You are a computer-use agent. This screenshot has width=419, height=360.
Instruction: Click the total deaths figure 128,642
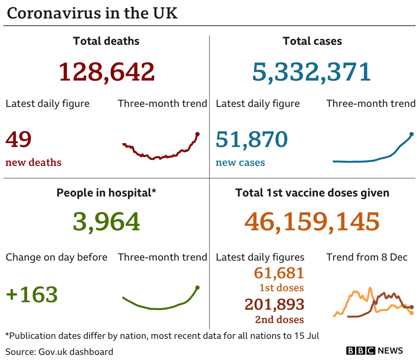click(x=107, y=72)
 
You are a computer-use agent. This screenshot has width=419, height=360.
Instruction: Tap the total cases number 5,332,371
click(x=311, y=72)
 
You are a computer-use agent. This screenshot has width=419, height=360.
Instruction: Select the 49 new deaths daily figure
click(x=18, y=140)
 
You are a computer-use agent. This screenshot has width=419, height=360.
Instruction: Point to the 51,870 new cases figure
click(x=252, y=140)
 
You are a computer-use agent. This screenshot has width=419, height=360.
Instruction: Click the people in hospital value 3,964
click(x=106, y=222)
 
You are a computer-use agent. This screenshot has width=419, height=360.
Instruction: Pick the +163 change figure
click(x=32, y=294)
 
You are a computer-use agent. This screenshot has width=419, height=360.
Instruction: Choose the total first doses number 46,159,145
click(x=312, y=222)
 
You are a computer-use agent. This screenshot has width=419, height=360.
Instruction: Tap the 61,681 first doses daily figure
click(x=279, y=273)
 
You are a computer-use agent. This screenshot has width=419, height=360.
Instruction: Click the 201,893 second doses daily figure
click(x=274, y=304)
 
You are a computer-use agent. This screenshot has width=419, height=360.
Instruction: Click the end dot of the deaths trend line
click(x=197, y=134)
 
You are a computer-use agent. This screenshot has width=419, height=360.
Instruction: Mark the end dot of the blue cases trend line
click(x=412, y=134)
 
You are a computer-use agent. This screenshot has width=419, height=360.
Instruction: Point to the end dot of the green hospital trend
click(x=197, y=287)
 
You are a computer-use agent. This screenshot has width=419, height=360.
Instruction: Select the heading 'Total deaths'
click(x=106, y=41)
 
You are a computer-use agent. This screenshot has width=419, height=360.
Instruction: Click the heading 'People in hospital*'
click(x=106, y=193)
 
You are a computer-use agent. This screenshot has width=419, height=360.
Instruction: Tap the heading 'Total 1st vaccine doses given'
click(x=312, y=193)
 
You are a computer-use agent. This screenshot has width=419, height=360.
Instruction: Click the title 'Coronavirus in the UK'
click(x=92, y=13)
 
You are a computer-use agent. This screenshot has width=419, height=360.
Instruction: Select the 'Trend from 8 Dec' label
click(x=367, y=257)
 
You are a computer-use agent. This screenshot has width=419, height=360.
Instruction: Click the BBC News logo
click(x=375, y=351)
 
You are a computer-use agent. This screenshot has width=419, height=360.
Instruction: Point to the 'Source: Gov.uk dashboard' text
click(x=59, y=351)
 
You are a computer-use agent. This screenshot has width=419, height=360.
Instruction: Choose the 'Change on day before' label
click(x=56, y=257)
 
